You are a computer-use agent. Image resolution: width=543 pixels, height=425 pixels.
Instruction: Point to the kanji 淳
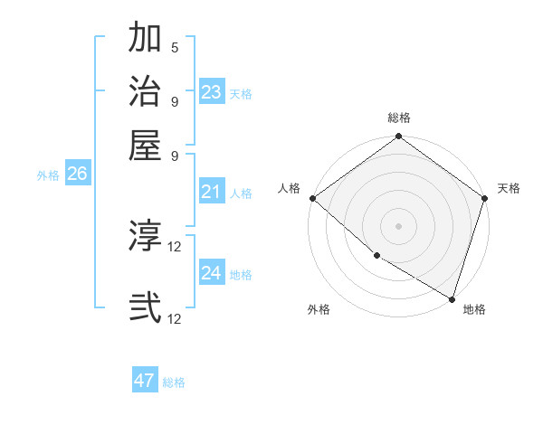click(x=145, y=237)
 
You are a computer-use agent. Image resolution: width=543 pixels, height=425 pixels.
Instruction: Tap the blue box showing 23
click(x=212, y=92)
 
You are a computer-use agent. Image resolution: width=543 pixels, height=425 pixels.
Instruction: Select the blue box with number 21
click(x=212, y=192)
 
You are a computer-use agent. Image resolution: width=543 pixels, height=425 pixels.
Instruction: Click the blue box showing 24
click(x=212, y=273)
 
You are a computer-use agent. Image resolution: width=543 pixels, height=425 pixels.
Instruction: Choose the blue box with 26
click(x=77, y=175)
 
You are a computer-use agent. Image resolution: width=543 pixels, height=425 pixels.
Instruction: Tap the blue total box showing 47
click(x=145, y=381)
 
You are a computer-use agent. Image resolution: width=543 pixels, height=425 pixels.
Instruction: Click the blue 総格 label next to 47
click(x=174, y=382)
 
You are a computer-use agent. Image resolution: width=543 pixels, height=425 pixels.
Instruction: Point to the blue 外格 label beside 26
click(x=48, y=176)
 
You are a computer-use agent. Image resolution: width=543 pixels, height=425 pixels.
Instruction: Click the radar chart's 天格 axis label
click(x=509, y=188)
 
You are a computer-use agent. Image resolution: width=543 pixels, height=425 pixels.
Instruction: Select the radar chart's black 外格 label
click(x=319, y=309)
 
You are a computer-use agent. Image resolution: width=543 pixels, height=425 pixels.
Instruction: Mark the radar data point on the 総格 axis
click(x=398, y=137)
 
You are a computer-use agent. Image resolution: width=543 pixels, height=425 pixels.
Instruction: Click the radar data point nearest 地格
click(x=452, y=297)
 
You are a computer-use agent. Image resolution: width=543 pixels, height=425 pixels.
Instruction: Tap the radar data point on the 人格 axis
click(x=312, y=198)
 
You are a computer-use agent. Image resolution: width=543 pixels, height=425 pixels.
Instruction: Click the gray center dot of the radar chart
click(x=398, y=225)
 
